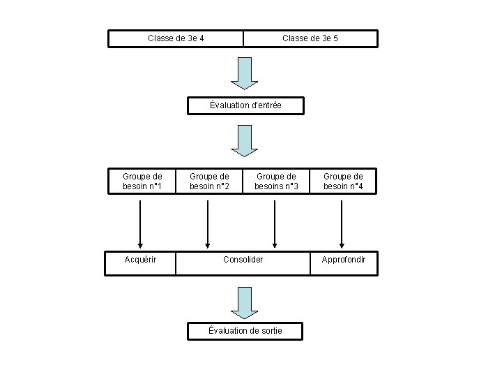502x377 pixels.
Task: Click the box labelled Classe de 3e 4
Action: pos(176,38)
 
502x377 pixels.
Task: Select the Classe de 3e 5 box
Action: pos(310,38)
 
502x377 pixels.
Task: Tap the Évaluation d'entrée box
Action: pos(245,105)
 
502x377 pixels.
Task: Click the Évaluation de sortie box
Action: pos(245,331)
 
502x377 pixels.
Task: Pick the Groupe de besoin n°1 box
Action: pos(142,181)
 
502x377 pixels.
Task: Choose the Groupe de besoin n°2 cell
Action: pos(209,181)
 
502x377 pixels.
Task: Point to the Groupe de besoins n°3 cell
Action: pos(276,181)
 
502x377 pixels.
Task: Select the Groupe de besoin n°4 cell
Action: pos(343,181)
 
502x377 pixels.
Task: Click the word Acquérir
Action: pos(140,260)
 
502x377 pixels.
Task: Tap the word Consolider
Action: pos(243,259)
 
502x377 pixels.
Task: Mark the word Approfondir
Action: pos(344,260)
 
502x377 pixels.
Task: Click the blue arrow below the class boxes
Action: pos(245,73)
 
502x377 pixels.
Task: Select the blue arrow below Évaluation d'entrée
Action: pos(245,141)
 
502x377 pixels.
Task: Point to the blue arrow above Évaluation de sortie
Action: pos(245,303)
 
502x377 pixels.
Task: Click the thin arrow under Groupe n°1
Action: pos(140,224)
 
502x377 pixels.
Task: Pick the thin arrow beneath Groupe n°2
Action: pos(208,224)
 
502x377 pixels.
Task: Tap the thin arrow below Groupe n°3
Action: pos(275,224)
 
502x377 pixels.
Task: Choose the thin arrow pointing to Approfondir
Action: pos(342,224)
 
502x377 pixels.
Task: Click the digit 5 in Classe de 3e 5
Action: pos(335,38)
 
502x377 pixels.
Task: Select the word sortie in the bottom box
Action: pos(271,331)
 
